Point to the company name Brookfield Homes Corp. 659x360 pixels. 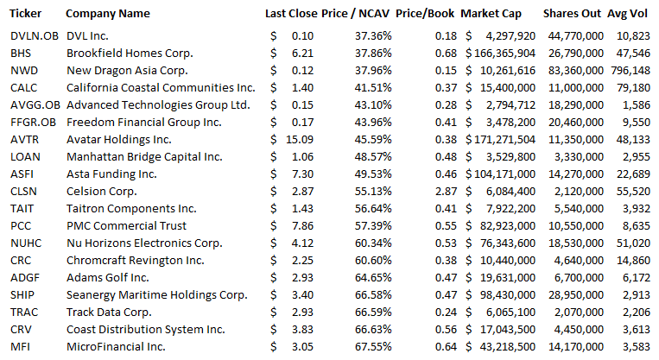pos(127,53)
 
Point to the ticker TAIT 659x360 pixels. pos(22,208)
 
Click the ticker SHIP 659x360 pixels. pos(22,294)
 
